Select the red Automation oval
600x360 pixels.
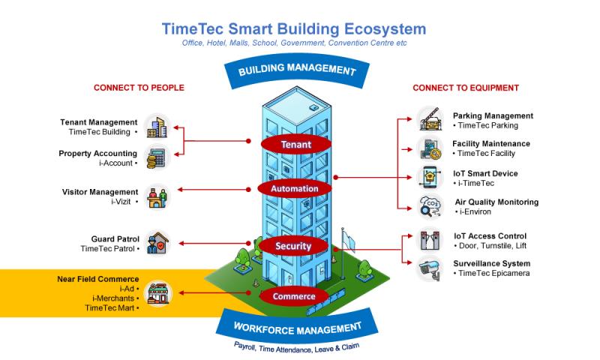[x=295, y=189]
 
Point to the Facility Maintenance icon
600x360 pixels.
[x=431, y=148]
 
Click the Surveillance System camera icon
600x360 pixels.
[x=431, y=268]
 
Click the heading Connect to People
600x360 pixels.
[x=139, y=88]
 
